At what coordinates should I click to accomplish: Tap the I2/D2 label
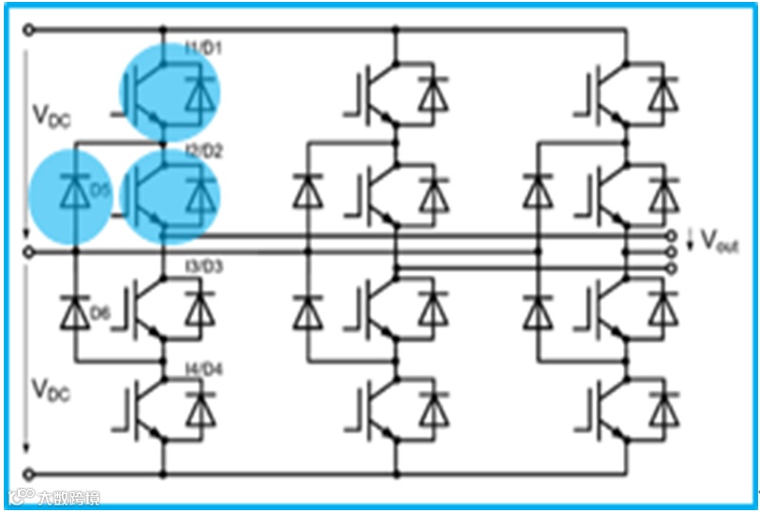203,150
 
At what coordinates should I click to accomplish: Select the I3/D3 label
203,267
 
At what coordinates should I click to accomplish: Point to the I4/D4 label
203,368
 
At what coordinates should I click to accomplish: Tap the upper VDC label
50,119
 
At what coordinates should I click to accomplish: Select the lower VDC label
50,389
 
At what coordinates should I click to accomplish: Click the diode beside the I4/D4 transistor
199,411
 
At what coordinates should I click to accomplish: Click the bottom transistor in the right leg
609,411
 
